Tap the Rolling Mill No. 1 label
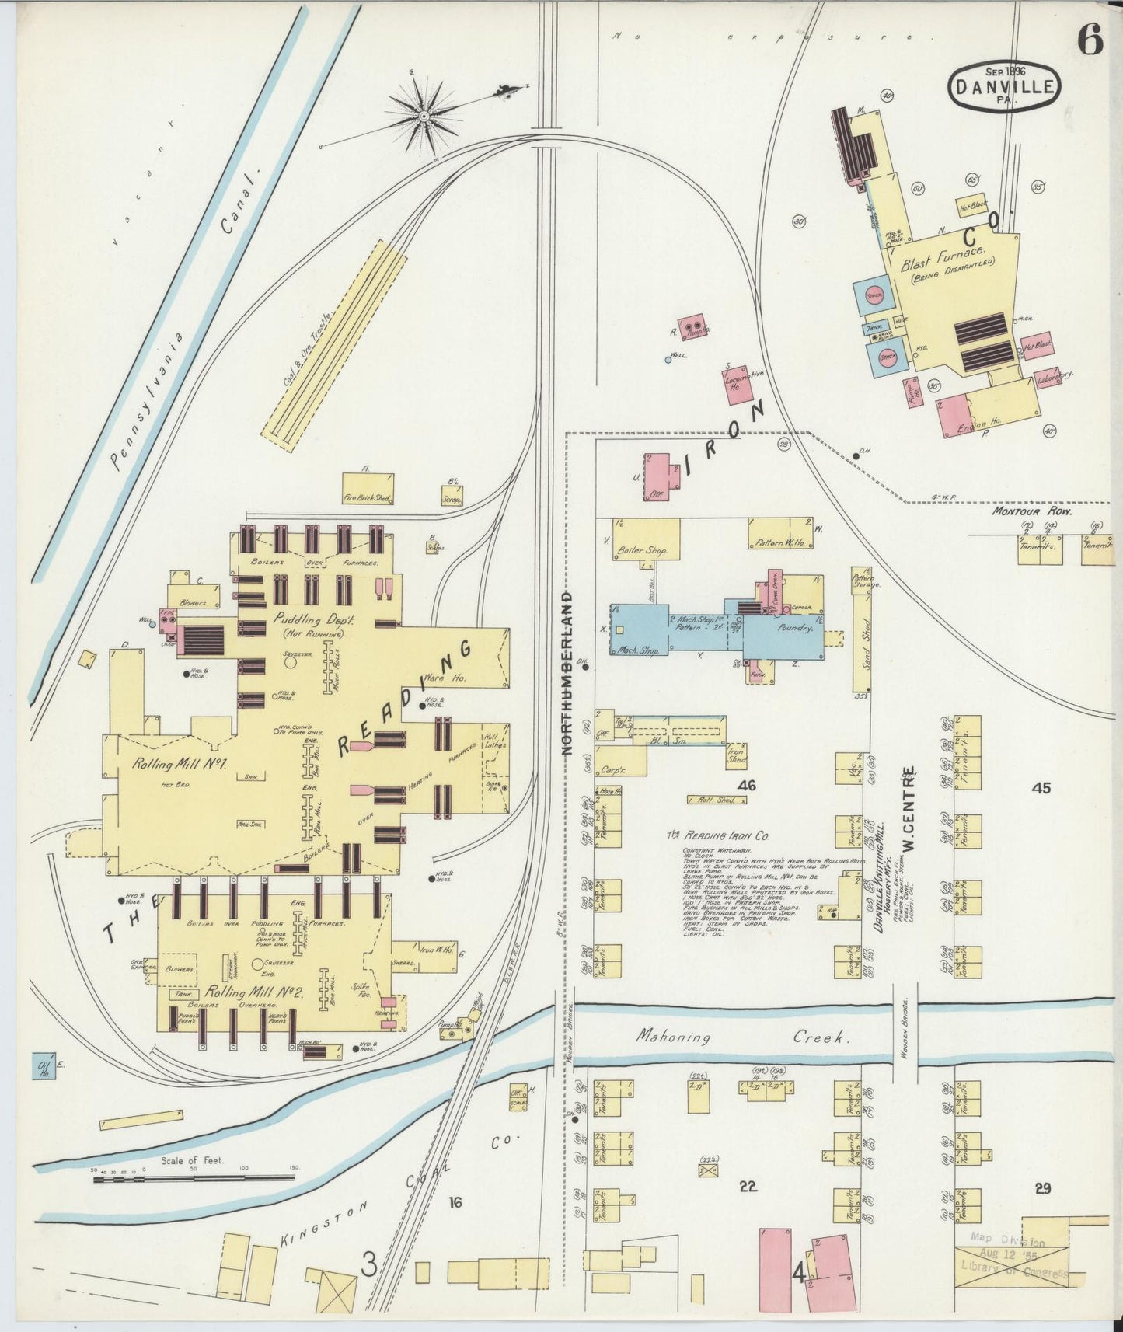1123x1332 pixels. tap(179, 763)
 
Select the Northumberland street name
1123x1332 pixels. tap(567, 672)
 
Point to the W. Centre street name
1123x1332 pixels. tap(907, 808)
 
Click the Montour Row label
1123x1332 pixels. tap(1031, 512)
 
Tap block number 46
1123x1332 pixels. tap(747, 786)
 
